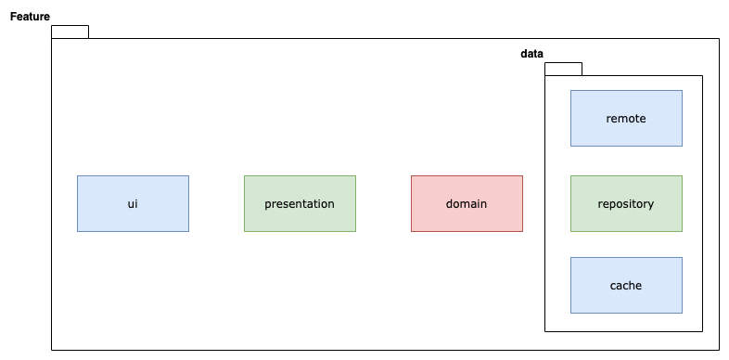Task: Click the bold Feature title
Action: (x=30, y=17)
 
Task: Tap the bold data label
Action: (x=531, y=54)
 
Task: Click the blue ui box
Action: (x=133, y=204)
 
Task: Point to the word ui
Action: (x=133, y=204)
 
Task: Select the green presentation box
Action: (x=300, y=204)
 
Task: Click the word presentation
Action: (x=300, y=204)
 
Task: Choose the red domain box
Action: (x=467, y=204)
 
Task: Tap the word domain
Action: (x=467, y=204)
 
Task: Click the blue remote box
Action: (x=626, y=119)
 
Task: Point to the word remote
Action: (x=626, y=119)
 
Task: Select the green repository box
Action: (x=626, y=204)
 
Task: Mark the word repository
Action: (x=626, y=204)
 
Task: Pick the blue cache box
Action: (x=626, y=285)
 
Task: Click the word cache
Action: (x=626, y=286)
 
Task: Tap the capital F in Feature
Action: (x=14, y=17)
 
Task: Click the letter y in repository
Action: (x=651, y=205)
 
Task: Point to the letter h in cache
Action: (x=633, y=285)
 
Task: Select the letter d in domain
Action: (x=449, y=204)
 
